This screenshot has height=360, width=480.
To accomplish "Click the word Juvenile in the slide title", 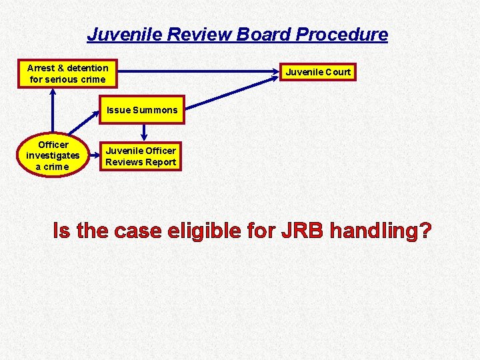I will point(125,34).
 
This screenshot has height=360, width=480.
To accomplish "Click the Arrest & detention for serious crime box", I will point(67,73).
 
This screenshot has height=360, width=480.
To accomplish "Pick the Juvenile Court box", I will point(318,72).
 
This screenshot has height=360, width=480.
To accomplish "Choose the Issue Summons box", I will point(141,110).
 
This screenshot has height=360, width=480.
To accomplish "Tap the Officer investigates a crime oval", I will point(53,155).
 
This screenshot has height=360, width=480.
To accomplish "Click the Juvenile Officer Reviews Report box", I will point(141,157).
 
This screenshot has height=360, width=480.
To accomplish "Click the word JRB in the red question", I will point(304,231).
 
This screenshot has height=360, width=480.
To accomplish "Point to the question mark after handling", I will point(424,231).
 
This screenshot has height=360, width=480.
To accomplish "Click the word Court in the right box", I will point(338,72).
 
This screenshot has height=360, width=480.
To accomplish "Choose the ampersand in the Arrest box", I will point(61,68).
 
